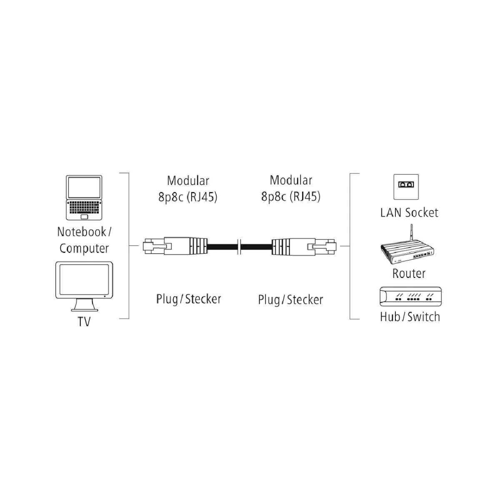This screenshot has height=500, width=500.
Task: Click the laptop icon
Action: (84, 198)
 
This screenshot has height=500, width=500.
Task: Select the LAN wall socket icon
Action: (406, 187)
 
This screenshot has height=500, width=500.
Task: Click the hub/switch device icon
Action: (410, 297)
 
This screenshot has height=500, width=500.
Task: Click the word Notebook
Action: (82, 232)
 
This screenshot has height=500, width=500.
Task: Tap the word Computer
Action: (84, 248)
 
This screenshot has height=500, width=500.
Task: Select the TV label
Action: (84, 322)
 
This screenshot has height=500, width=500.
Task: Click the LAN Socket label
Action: (409, 213)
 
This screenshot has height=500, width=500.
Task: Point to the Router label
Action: (409, 273)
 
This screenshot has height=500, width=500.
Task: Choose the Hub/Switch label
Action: (410, 317)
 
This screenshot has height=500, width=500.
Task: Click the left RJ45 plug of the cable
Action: (175, 245)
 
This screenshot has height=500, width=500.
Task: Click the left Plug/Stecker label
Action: (189, 299)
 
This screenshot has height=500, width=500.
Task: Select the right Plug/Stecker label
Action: (290, 300)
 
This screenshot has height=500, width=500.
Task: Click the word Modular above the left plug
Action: (188, 180)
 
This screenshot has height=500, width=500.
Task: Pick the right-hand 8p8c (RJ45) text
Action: (291, 196)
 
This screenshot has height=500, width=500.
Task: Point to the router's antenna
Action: (411, 233)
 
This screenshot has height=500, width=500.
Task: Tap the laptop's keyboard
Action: (84, 207)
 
